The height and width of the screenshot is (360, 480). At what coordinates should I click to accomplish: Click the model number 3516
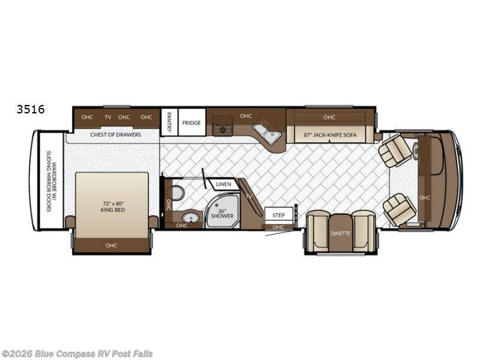point(31,109)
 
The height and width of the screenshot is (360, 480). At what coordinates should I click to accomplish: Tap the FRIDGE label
point(191,123)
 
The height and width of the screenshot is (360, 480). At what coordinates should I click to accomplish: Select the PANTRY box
point(169,122)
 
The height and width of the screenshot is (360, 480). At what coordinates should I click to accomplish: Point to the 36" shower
point(222,210)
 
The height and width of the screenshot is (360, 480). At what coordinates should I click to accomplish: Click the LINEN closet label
point(223,184)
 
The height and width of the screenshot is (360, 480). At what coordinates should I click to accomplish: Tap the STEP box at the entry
point(278,215)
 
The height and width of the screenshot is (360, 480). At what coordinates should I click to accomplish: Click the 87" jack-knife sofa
point(331,134)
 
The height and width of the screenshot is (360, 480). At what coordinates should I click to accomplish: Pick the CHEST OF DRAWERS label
point(116,134)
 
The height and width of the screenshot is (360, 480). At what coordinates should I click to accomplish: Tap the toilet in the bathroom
point(178,193)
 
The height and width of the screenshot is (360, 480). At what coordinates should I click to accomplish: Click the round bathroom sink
point(191,218)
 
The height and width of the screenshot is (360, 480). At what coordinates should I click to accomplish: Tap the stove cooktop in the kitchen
point(223,126)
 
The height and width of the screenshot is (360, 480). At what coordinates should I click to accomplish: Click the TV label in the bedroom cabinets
point(108,117)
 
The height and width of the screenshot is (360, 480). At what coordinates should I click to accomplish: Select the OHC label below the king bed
point(111,245)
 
